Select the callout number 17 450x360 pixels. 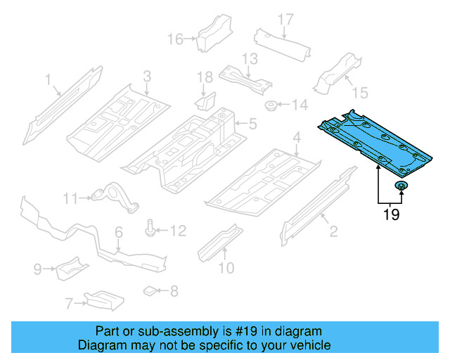pyautogui.click(x=284, y=19)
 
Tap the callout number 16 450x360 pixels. pyautogui.click(x=174, y=38)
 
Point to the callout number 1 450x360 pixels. pyautogui.click(x=49, y=80)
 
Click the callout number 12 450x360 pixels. pyautogui.click(x=178, y=230)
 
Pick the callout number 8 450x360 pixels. pyautogui.click(x=174, y=290)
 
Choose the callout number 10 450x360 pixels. pyautogui.click(x=226, y=267)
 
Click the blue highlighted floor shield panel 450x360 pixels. pyautogui.click(x=373, y=143)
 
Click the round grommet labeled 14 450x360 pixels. pyautogui.click(x=270, y=106)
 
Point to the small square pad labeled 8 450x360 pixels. pyautogui.click(x=150, y=289)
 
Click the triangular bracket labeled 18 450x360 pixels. pyautogui.click(x=205, y=101)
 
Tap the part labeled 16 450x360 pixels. pyautogui.click(x=209, y=32)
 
